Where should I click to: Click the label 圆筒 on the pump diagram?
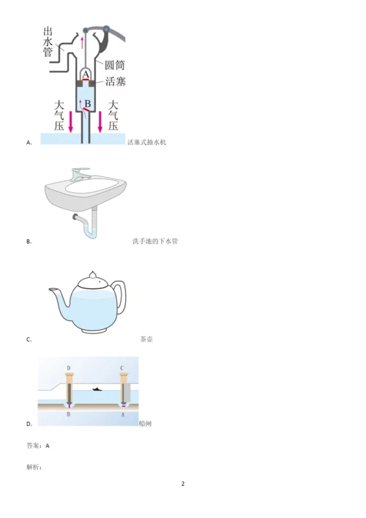click(x=115, y=64)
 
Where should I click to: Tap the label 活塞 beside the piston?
click(x=116, y=81)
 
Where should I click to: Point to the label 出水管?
click(x=48, y=42)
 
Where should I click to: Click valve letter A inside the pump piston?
click(x=86, y=75)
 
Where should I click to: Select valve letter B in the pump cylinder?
click(x=88, y=104)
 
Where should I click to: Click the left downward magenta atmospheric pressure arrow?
click(x=70, y=121)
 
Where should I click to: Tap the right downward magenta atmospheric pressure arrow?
click(x=100, y=121)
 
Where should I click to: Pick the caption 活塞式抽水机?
click(x=147, y=143)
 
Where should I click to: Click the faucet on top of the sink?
click(x=79, y=174)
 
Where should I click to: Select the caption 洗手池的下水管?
click(x=155, y=241)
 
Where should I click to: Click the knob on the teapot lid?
click(x=93, y=274)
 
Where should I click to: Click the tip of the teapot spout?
click(x=50, y=290)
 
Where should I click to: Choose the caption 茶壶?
click(x=146, y=339)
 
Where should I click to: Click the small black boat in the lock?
click(x=97, y=389)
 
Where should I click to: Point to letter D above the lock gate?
click(x=69, y=368)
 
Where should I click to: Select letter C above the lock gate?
click(x=122, y=368)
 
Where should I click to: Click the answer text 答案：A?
click(x=38, y=446)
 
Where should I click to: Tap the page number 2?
click(x=183, y=484)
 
